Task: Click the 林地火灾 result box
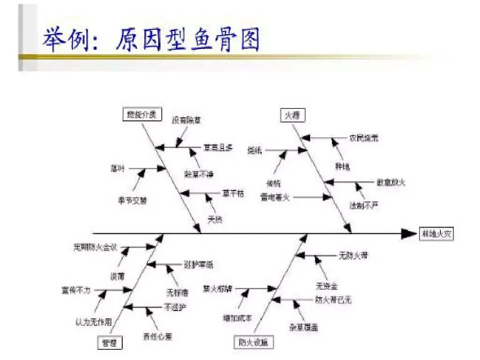pyautogui.click(x=436, y=234)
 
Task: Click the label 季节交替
pyautogui.click(x=132, y=200)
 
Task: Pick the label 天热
pyautogui.click(x=216, y=219)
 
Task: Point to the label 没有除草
pyautogui.click(x=187, y=120)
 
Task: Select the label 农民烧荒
pyautogui.click(x=364, y=138)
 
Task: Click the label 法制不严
pyautogui.click(x=364, y=205)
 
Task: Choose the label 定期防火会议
pyautogui.click(x=95, y=248)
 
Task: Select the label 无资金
pyautogui.click(x=327, y=284)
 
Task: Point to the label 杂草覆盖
pyautogui.click(x=304, y=327)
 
